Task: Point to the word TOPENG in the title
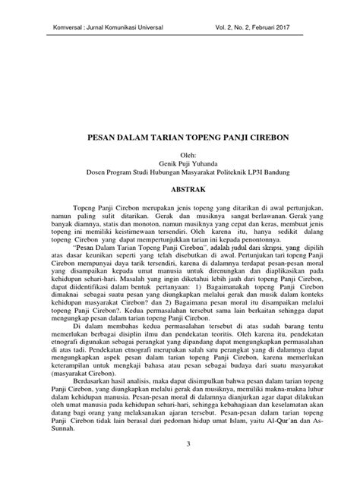click(204, 141)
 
